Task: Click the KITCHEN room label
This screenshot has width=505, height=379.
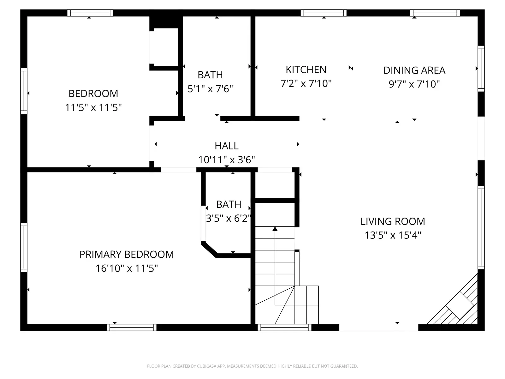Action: tap(306, 69)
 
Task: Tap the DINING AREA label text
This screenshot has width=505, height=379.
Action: tap(414, 70)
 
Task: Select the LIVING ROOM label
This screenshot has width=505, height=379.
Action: tap(393, 221)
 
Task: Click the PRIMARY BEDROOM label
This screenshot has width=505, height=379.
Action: tap(127, 254)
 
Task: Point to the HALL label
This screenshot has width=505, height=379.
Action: tap(226, 146)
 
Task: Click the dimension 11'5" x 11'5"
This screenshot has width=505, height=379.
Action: tap(93, 108)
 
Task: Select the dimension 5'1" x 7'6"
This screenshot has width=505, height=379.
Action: tap(210, 89)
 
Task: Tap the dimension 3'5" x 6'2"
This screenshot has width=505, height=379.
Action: tap(228, 218)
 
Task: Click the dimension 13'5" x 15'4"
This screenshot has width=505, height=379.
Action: tap(393, 235)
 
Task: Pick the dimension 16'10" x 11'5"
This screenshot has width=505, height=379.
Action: tap(127, 268)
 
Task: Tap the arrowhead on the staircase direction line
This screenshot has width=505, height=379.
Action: tap(275, 229)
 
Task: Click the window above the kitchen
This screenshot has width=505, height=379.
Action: tap(324, 13)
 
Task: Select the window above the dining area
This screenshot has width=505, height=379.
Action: tap(435, 13)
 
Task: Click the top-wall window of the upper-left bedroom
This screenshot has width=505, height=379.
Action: tap(90, 13)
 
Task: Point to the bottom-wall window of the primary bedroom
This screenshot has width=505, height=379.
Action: tap(132, 328)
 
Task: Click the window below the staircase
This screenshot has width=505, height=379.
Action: tap(284, 328)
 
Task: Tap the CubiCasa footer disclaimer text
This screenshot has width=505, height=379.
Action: tap(252, 366)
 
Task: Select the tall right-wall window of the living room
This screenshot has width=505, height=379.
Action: tap(481, 227)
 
